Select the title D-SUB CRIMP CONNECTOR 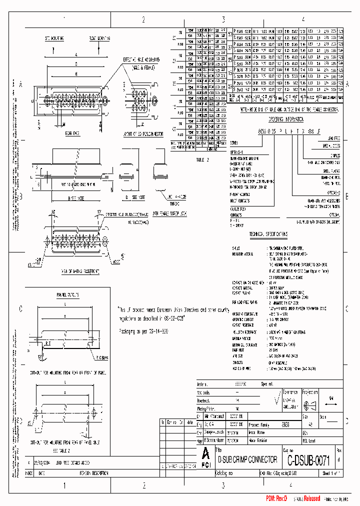click(x=245, y=459)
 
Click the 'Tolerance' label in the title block click(x=290, y=392)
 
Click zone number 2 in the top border click(x=143, y=19)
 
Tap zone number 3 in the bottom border click(x=223, y=485)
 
